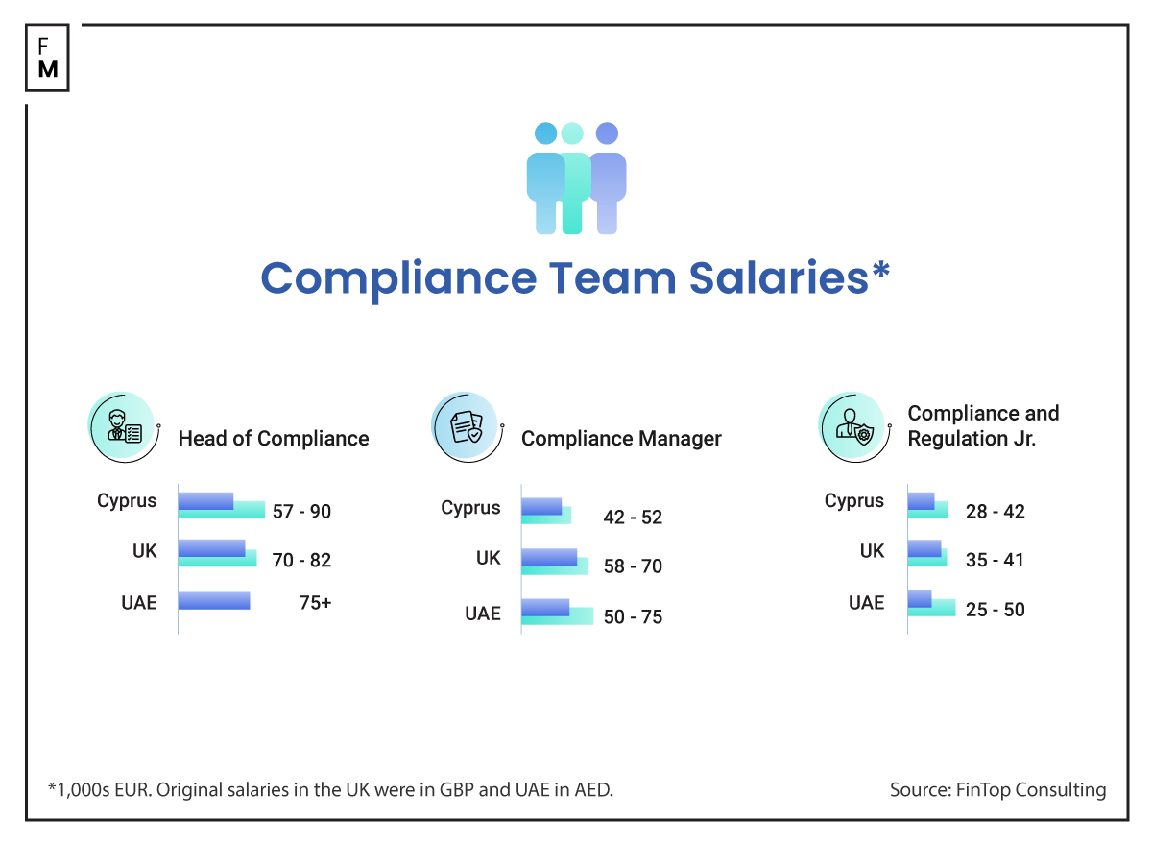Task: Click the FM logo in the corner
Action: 47,59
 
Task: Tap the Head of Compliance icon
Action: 123,428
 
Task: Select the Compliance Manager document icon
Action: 466,428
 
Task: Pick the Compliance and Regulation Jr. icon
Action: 852,428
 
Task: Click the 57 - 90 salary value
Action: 301,512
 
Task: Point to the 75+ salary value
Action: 315,603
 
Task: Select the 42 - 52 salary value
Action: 633,518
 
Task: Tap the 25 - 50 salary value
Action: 995,610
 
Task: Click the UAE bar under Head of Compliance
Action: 214,601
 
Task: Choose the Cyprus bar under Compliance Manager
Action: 545,510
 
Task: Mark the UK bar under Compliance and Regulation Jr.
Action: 926,553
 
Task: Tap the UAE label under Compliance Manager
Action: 483,614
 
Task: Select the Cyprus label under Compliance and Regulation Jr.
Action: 853,501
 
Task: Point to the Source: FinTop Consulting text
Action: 997,790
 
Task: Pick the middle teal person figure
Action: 573,182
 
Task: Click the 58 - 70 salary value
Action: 633,566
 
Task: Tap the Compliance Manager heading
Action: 621,439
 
